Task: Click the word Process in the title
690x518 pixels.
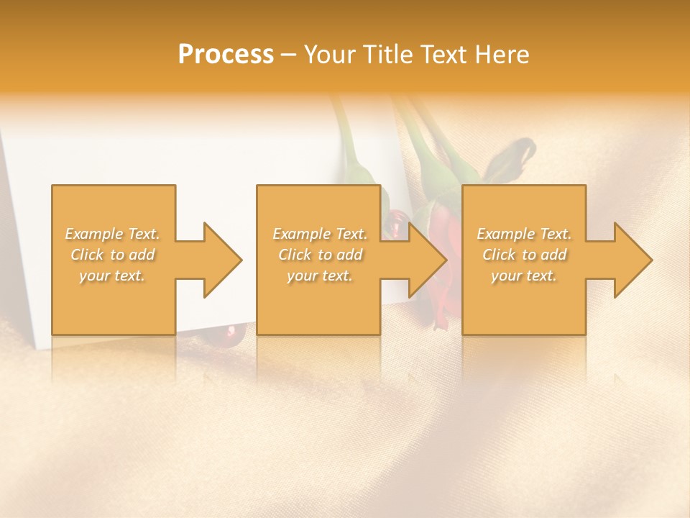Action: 226,55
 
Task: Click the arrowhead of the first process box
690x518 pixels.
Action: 223,260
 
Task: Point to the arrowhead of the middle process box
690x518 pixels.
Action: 428,260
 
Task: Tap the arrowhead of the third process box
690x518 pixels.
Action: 633,260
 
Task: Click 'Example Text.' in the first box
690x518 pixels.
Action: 112,234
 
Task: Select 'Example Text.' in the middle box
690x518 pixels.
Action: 320,234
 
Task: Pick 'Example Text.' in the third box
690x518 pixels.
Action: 524,234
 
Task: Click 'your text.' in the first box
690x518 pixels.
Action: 112,276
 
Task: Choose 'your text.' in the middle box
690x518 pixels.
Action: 320,276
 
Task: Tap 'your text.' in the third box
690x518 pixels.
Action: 524,276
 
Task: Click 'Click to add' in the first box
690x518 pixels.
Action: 112,255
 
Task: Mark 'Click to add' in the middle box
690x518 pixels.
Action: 320,255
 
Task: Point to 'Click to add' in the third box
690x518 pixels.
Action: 524,255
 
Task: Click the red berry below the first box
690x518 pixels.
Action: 231,332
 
